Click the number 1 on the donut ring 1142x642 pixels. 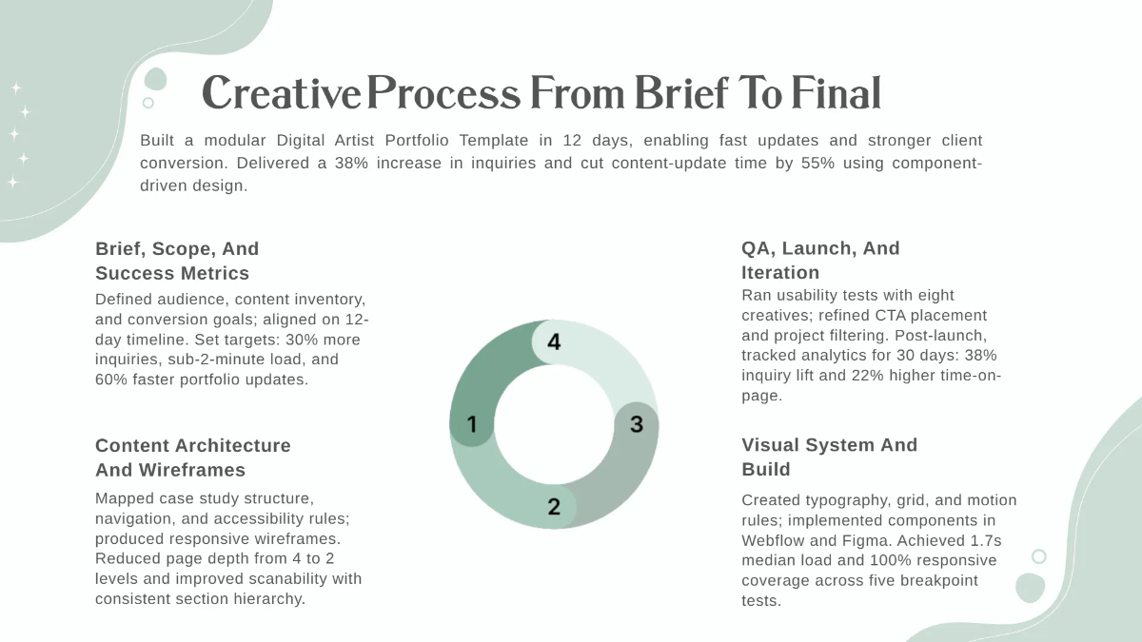(472, 424)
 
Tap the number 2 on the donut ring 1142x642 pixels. (554, 506)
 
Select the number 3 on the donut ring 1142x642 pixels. (637, 424)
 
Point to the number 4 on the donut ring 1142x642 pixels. (554, 341)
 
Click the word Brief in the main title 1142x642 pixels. (681, 93)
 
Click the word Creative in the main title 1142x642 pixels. (282, 93)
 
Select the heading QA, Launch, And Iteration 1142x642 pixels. (820, 261)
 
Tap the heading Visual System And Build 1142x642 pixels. (830, 457)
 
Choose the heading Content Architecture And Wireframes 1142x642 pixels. (192, 457)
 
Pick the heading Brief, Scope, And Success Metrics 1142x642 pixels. (177, 261)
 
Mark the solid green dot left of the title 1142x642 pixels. (155, 80)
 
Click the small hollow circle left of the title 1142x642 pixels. (148, 103)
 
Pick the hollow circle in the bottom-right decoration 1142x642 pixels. (1039, 556)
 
